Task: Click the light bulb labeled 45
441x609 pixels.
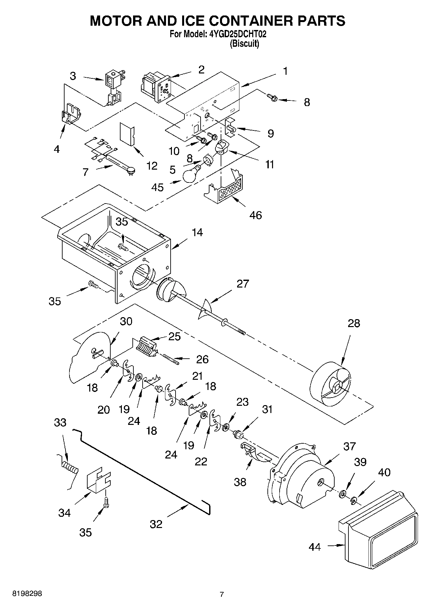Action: coord(190,174)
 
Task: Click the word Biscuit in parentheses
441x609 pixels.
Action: coord(244,43)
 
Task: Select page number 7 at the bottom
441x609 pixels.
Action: coord(222,594)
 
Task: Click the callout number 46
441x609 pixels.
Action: coord(256,215)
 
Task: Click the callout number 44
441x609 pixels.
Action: coord(315,547)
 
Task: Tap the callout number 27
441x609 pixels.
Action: coord(243,284)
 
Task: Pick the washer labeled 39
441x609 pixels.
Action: coord(343,493)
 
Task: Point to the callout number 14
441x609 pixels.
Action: coord(197,232)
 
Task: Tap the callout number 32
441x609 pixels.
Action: coord(156,524)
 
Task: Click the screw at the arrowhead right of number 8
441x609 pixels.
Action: coord(273,97)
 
